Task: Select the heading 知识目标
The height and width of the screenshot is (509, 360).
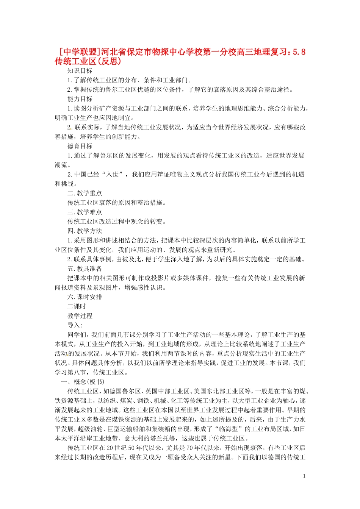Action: pyautogui.click(x=80, y=71)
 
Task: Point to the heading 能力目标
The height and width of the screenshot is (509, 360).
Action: pyautogui.click(x=80, y=99)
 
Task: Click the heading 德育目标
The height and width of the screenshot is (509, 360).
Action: pyautogui.click(x=80, y=146)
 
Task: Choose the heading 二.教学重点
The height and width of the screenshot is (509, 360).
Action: pyautogui.click(x=85, y=194)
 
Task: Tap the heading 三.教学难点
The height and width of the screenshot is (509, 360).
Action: pyautogui.click(x=85, y=212)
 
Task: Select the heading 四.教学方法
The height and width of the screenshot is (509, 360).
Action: pyautogui.click(x=85, y=231)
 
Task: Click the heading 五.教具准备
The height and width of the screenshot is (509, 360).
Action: pyautogui.click(x=85, y=269)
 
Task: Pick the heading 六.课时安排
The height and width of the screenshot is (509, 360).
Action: pyautogui.click(x=85, y=297)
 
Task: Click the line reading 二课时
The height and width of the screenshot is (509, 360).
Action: pyautogui.click(x=77, y=306)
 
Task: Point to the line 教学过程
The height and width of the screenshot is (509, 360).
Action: pyautogui.click(x=80, y=316)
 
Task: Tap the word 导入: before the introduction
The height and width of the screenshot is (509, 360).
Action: pyautogui.click(x=75, y=325)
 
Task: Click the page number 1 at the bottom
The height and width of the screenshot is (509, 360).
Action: pyautogui.click(x=304, y=476)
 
